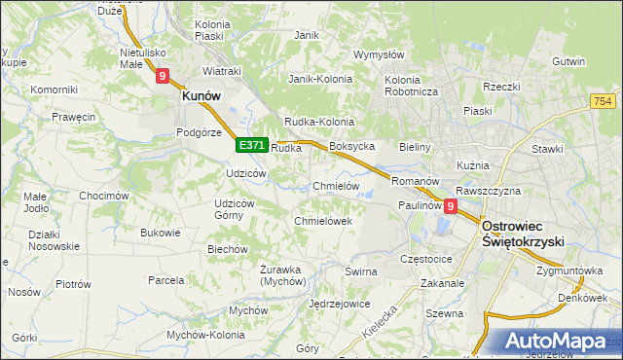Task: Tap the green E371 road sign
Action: click(x=251, y=145)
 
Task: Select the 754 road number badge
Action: click(x=604, y=102)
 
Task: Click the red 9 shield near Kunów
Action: click(x=162, y=74)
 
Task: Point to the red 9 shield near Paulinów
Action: click(x=451, y=206)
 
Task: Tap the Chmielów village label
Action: click(x=337, y=186)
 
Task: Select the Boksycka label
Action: click(x=351, y=146)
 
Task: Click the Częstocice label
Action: click(x=426, y=260)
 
